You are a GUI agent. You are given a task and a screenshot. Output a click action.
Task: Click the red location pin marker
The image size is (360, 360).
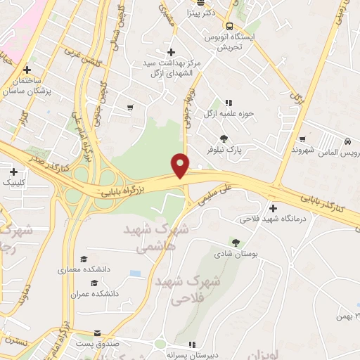point(181,165)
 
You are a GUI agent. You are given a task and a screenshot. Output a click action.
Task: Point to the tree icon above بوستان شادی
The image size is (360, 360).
point(236,241)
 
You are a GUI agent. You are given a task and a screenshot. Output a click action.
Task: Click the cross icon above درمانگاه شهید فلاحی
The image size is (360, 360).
point(273,207)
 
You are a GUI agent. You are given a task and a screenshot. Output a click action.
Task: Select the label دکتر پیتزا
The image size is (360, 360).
point(207,13)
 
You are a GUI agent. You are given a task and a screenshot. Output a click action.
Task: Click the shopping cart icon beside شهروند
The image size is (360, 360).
point(302,139)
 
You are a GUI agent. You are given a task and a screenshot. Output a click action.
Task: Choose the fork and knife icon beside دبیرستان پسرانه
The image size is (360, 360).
point(191,345)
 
